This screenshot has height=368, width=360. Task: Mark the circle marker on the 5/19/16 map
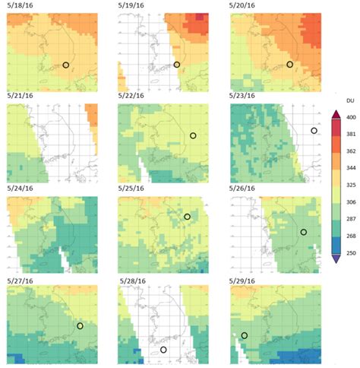[176, 65]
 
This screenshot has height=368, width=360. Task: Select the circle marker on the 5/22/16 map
[193, 135]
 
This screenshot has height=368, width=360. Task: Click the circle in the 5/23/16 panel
[314, 131]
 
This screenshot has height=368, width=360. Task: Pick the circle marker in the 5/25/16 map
[187, 216]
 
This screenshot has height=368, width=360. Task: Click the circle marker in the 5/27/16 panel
[80, 325]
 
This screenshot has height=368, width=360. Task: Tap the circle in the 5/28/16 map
[163, 350]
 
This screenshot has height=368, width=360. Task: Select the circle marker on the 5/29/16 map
[245, 335]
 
